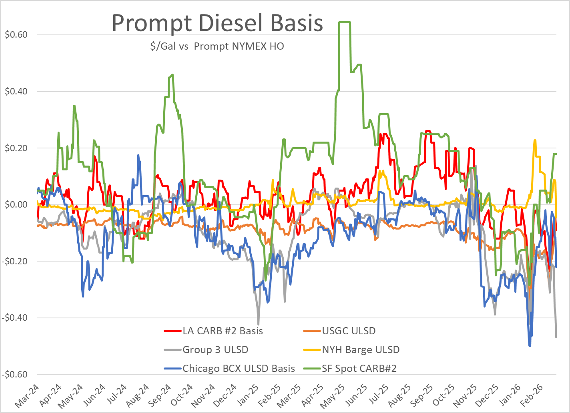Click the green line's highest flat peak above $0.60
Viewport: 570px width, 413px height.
pos(345,22)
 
